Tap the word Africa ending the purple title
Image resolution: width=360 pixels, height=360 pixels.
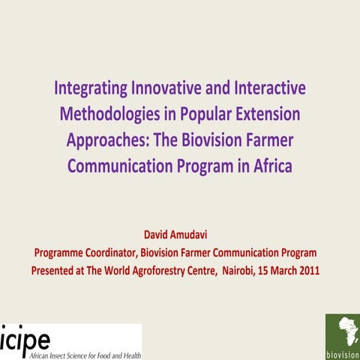click(x=271, y=166)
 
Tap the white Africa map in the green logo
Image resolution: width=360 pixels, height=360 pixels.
click(x=342, y=331)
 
